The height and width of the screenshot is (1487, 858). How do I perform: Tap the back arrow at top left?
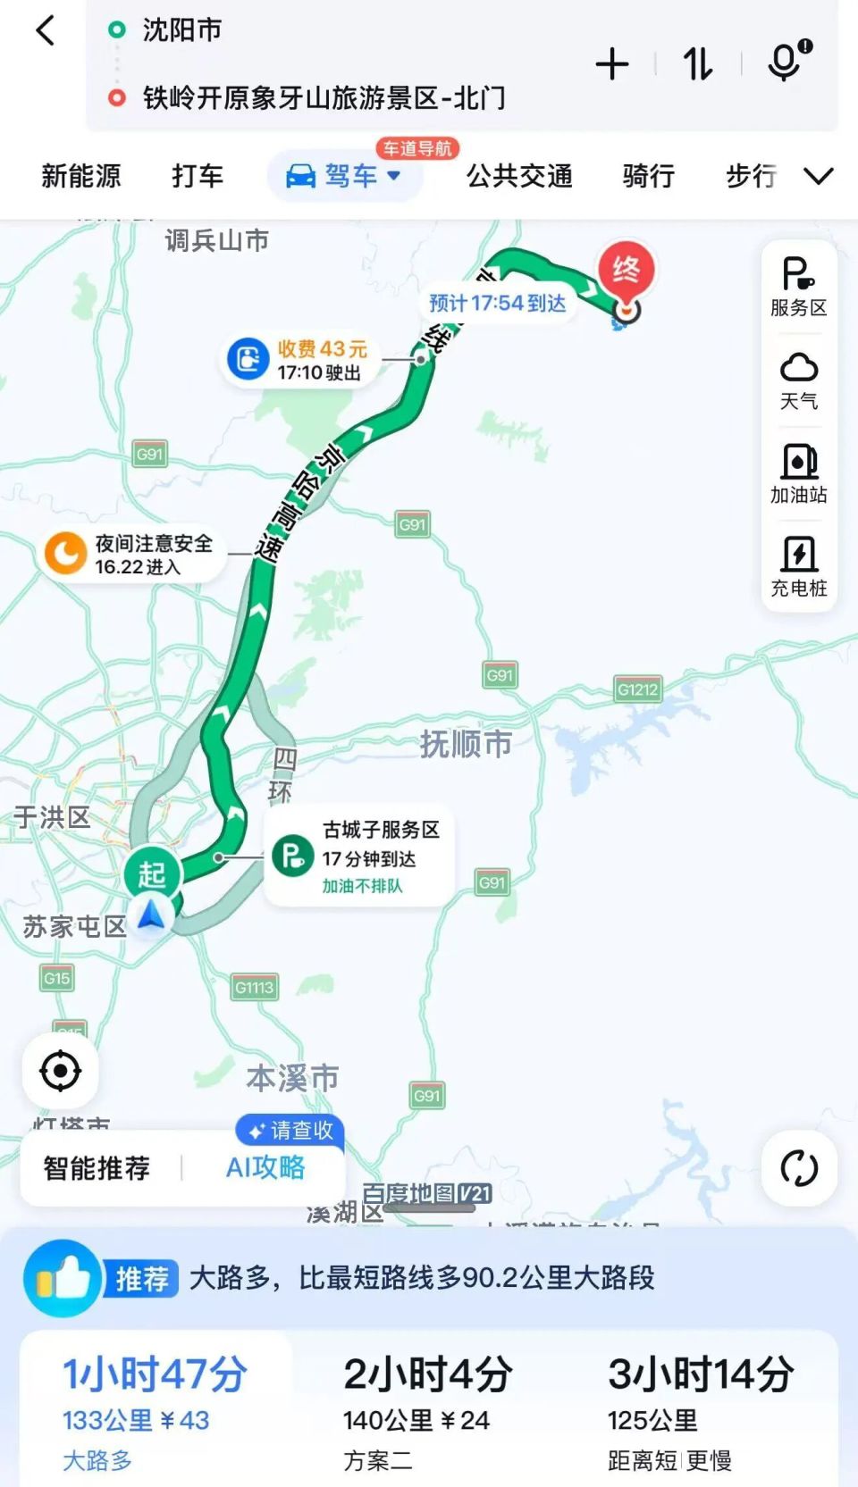45,31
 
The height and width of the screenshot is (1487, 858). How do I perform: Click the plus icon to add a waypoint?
612,64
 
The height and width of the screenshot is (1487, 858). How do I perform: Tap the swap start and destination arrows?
698,64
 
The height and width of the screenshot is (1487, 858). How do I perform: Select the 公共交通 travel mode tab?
519,176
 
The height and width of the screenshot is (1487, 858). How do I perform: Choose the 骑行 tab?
648,176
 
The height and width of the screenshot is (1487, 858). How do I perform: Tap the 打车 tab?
198,176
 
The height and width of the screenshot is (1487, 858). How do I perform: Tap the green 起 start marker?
152,873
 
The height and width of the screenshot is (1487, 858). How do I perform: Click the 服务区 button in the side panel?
799,287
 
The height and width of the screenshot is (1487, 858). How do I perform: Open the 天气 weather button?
799,380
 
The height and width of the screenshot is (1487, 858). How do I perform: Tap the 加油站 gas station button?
799,473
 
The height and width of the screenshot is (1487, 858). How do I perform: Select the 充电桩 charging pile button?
799,566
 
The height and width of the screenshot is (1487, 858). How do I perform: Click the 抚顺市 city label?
466,743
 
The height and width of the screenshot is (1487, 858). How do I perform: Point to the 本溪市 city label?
292,1078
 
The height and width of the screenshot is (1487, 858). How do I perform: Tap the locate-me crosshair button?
61,1070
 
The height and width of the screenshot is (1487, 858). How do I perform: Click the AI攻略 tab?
265,1167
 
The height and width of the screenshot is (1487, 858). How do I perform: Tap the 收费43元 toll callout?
297,360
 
